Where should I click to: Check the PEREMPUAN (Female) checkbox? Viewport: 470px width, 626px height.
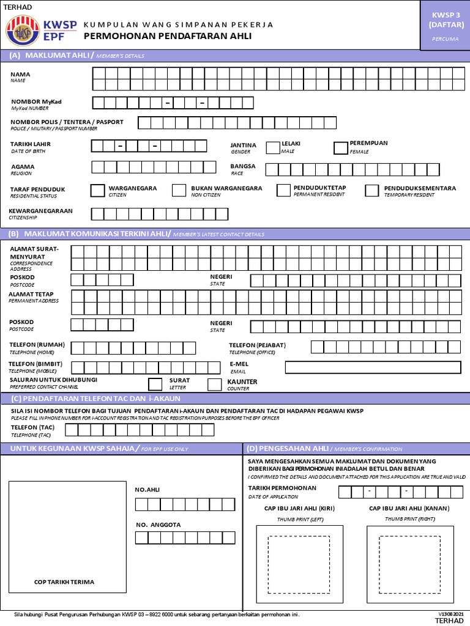pos(340,147)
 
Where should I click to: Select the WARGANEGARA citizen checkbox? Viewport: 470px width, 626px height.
pos(97,190)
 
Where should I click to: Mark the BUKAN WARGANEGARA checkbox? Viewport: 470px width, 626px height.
pos(179,190)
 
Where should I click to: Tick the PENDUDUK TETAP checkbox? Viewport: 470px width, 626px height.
pos(283,190)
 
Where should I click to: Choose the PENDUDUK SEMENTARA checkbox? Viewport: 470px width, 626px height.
pos(371,190)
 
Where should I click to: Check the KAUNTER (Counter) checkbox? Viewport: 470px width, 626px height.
pos(215,384)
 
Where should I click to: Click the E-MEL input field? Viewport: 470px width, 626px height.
pos(373,367)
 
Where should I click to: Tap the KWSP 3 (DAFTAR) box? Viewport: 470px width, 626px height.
pos(444,24)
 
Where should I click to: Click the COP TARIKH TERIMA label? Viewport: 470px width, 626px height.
pos(64,582)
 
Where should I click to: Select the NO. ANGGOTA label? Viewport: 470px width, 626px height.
pos(157,525)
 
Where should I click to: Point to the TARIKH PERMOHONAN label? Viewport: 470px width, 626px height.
pos(282,488)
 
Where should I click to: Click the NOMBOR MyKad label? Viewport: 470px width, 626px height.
pos(37,101)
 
